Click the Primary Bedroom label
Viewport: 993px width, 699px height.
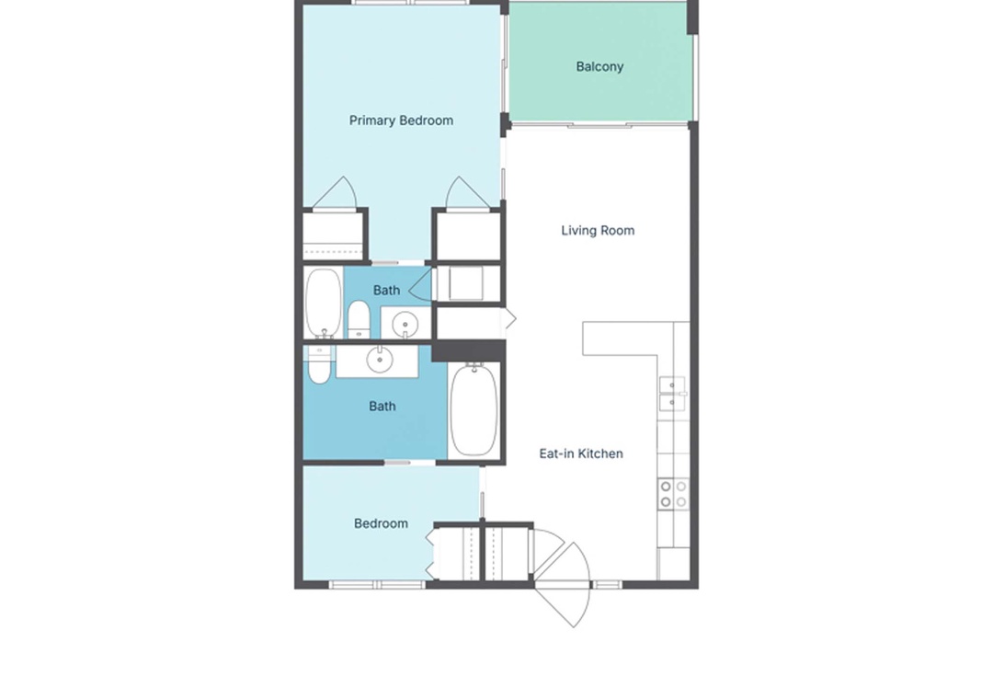coord(401,120)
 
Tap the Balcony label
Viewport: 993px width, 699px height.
coord(599,66)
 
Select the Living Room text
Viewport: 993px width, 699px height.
coord(598,231)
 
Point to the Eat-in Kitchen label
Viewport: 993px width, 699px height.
coord(581,453)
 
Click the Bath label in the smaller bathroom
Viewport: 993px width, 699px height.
coord(386,291)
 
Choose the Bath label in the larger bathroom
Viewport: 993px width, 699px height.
coord(382,407)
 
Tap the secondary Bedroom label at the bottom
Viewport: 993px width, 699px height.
coord(381,523)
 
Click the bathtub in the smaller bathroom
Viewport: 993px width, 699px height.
coord(324,303)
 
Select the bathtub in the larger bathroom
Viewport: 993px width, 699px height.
coord(474,408)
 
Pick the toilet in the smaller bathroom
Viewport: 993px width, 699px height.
coord(359,319)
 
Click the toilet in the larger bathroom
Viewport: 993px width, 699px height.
coord(319,364)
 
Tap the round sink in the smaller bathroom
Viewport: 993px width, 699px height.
coord(405,325)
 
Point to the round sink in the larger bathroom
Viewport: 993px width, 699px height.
coord(380,361)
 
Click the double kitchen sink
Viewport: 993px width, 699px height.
coord(672,394)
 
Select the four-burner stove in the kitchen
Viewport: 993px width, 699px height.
coord(673,494)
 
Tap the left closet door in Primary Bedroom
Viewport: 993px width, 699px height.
coord(337,192)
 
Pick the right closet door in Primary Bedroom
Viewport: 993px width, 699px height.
coord(467,192)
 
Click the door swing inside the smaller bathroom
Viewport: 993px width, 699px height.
coord(421,285)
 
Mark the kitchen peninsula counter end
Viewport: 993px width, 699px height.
coord(584,338)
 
